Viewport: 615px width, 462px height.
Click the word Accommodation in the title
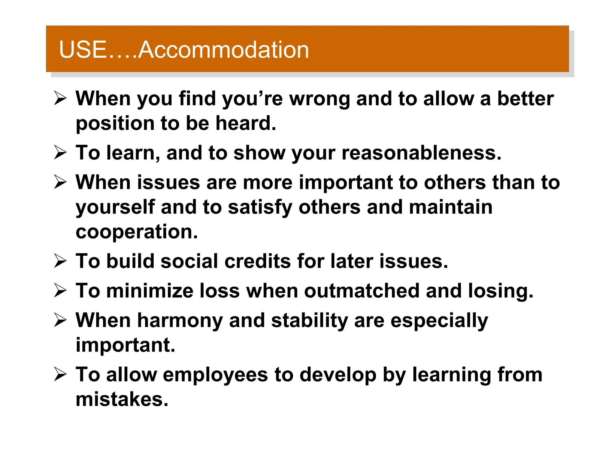(224, 50)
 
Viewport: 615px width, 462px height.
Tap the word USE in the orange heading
(83, 50)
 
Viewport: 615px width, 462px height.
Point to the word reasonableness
(421, 153)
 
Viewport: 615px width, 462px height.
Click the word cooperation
(137, 232)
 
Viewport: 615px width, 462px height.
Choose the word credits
(257, 261)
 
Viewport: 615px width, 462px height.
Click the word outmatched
(362, 291)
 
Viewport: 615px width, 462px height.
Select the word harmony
(180, 320)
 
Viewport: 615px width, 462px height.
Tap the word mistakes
(122, 399)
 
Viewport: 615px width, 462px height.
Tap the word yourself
(115, 207)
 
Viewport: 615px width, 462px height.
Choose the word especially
(439, 321)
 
